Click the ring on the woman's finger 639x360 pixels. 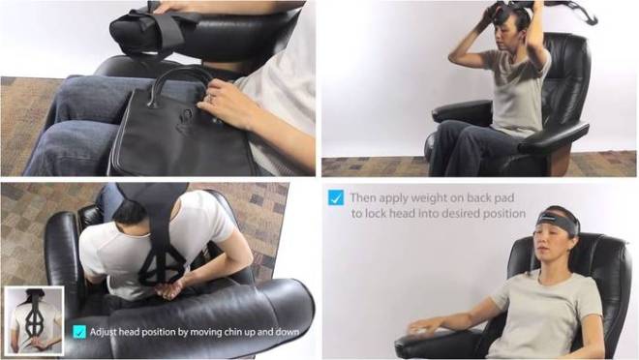tap(208, 96)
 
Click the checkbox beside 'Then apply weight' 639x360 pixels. tap(335, 197)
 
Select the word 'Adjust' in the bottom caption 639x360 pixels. tap(106, 332)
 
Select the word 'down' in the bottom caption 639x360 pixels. tap(298, 332)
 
